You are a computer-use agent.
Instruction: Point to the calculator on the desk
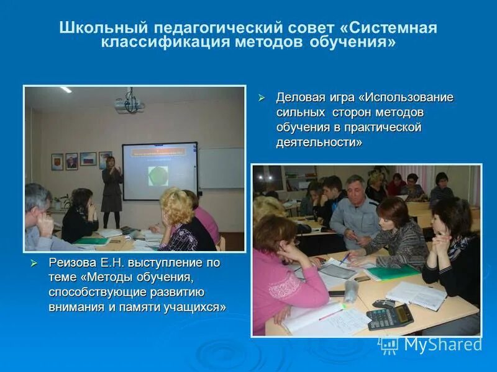click(390, 316)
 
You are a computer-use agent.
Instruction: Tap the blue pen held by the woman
click(345, 257)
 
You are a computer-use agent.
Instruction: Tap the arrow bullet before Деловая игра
click(262, 98)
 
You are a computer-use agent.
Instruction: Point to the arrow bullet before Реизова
click(35, 263)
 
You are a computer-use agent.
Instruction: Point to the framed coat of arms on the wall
click(57, 162)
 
